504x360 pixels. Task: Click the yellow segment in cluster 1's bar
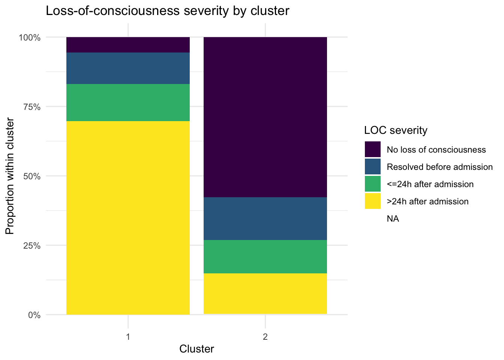(x=128, y=217)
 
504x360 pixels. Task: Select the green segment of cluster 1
(x=128, y=102)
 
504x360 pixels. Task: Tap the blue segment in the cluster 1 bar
(x=128, y=68)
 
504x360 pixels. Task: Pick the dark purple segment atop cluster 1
(x=128, y=45)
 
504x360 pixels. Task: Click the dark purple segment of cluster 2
(x=265, y=117)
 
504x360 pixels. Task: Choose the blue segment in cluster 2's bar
(x=265, y=219)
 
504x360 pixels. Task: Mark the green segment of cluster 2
(x=265, y=256)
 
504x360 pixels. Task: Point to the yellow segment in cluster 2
(x=265, y=294)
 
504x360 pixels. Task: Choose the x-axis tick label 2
(x=265, y=337)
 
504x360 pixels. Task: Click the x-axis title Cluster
(x=196, y=349)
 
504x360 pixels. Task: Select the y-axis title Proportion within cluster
(x=10, y=176)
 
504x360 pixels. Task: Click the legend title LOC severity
(x=396, y=130)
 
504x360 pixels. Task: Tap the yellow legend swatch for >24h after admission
(x=372, y=201)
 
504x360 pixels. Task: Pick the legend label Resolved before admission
(x=439, y=167)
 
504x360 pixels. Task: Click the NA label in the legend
(x=393, y=219)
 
